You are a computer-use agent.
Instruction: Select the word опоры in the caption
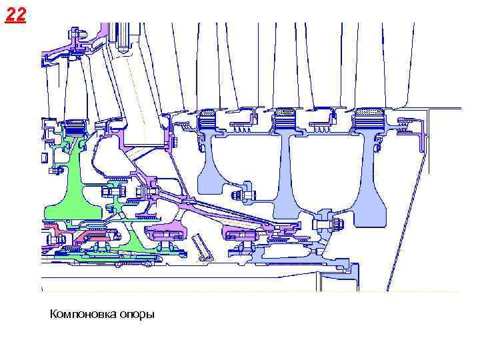tap(135, 313)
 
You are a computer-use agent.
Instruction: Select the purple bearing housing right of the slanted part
tap(239, 233)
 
